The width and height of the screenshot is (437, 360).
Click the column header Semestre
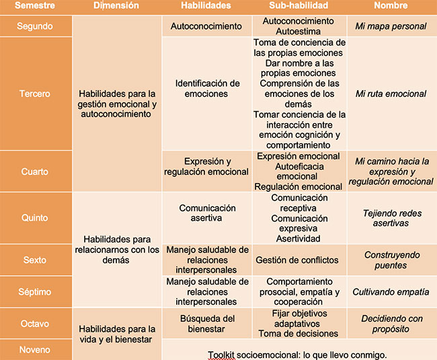[34, 5]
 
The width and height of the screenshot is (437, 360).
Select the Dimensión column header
[116, 5]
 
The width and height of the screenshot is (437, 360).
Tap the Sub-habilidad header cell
[299, 5]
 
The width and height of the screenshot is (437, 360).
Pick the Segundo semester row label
[34, 26]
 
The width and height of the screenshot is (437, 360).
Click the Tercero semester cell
[34, 94]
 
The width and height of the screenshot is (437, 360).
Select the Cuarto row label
[34, 172]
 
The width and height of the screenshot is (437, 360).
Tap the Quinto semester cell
[34, 218]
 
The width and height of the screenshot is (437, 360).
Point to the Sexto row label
[34, 260]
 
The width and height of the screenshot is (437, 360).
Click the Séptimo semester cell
[34, 292]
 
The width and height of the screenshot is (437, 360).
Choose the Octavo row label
[34, 324]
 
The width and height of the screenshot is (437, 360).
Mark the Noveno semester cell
[34, 350]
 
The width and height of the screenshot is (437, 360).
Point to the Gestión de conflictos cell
[299, 260]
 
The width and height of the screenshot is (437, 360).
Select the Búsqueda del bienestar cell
[206, 324]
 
